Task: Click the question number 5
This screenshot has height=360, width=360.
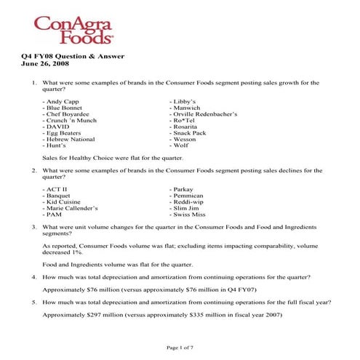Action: click(x=33, y=301)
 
